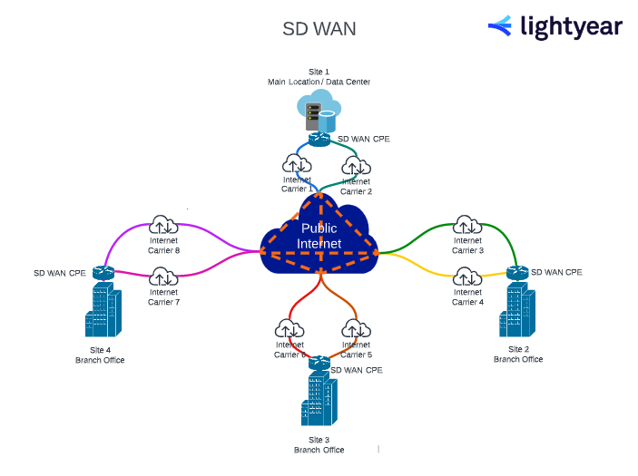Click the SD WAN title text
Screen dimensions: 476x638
319,29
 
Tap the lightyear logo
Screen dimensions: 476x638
555,27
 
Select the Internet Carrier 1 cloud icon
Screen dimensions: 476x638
297,164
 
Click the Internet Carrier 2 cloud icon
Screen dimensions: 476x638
356,166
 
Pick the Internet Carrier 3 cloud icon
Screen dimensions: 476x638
467,225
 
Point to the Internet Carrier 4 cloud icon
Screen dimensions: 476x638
467,277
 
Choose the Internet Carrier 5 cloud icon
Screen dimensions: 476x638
355,329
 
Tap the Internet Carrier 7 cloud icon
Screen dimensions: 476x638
163,277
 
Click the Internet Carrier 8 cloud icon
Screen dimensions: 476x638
163,225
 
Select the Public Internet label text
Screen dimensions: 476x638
319,236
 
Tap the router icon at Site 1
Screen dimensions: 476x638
319,139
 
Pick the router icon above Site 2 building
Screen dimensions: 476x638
518,272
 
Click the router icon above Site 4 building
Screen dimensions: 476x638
103,272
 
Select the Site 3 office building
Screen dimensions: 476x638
319,400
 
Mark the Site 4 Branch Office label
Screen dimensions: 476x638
100,355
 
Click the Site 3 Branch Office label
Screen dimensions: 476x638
319,445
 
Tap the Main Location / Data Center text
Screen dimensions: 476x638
319,82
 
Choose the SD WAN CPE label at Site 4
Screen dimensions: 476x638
60,273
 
